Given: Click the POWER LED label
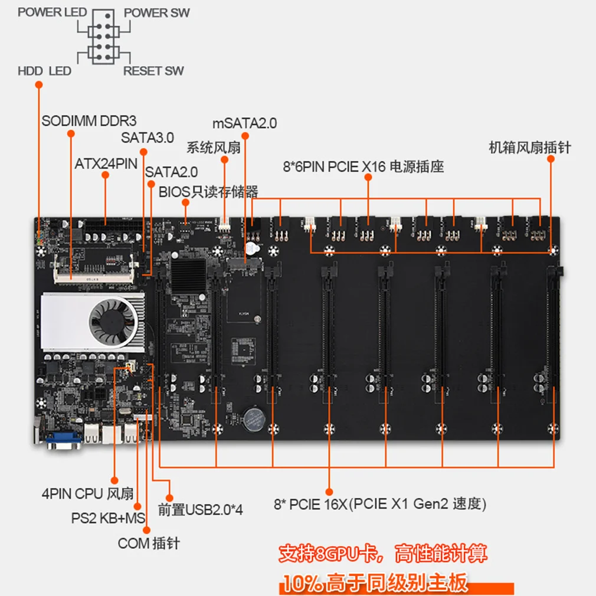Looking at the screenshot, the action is [52, 12].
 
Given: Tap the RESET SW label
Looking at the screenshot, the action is [153, 71].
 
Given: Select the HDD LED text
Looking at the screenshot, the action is [44, 71].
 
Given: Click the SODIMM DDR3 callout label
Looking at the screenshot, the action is [89, 121].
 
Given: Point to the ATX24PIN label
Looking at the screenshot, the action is [106, 164].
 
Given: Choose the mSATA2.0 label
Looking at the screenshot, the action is [244, 123].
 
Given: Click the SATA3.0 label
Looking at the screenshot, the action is [148, 137].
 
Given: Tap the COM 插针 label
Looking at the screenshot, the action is [149, 543].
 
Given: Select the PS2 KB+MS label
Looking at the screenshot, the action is [109, 518].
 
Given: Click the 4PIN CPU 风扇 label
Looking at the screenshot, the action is [87, 494].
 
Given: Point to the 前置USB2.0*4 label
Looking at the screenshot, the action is [200, 510].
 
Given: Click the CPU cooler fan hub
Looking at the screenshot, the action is [113, 321].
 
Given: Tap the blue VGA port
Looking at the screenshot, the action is [64, 440].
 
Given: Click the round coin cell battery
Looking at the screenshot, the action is [253, 420].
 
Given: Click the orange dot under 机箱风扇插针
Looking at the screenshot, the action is [551, 159].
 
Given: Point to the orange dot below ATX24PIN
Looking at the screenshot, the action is [105, 175].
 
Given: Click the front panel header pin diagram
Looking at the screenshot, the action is [104, 37].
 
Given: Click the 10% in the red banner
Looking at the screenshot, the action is [301, 582].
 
